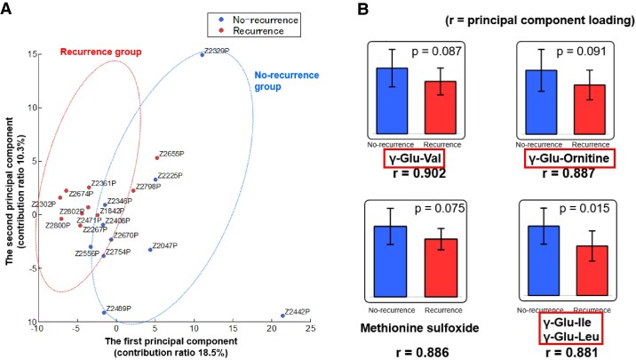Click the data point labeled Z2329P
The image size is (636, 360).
[x=202, y=54]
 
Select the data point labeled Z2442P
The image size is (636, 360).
[x=282, y=316]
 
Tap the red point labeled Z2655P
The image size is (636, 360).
[x=157, y=158]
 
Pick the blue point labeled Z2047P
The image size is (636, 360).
[x=150, y=250]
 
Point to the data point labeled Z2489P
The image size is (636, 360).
[x=104, y=313]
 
